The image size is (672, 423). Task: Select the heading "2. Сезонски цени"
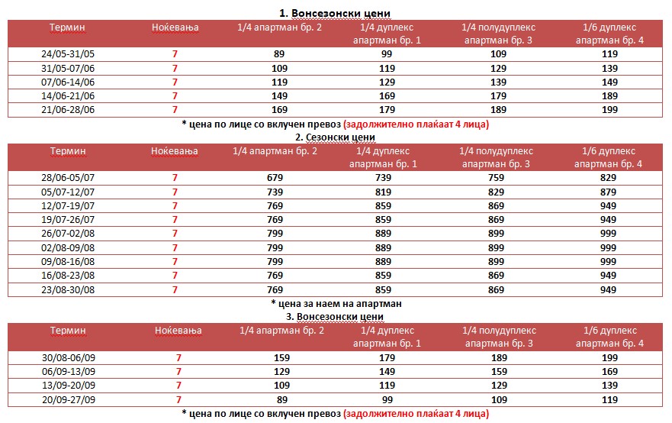(336, 137)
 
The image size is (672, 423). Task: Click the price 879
(609, 192)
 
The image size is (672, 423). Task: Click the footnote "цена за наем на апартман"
(336, 303)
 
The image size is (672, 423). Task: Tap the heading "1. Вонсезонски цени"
(336, 14)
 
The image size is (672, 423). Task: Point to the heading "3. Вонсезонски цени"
(336, 316)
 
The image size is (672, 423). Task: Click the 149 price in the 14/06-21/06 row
(278, 96)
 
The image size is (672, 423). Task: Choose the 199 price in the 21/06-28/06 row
(609, 110)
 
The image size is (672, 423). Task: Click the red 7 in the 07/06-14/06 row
(175, 82)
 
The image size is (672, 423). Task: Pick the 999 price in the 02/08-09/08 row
(609, 247)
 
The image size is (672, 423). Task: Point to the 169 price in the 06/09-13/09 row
(609, 371)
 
